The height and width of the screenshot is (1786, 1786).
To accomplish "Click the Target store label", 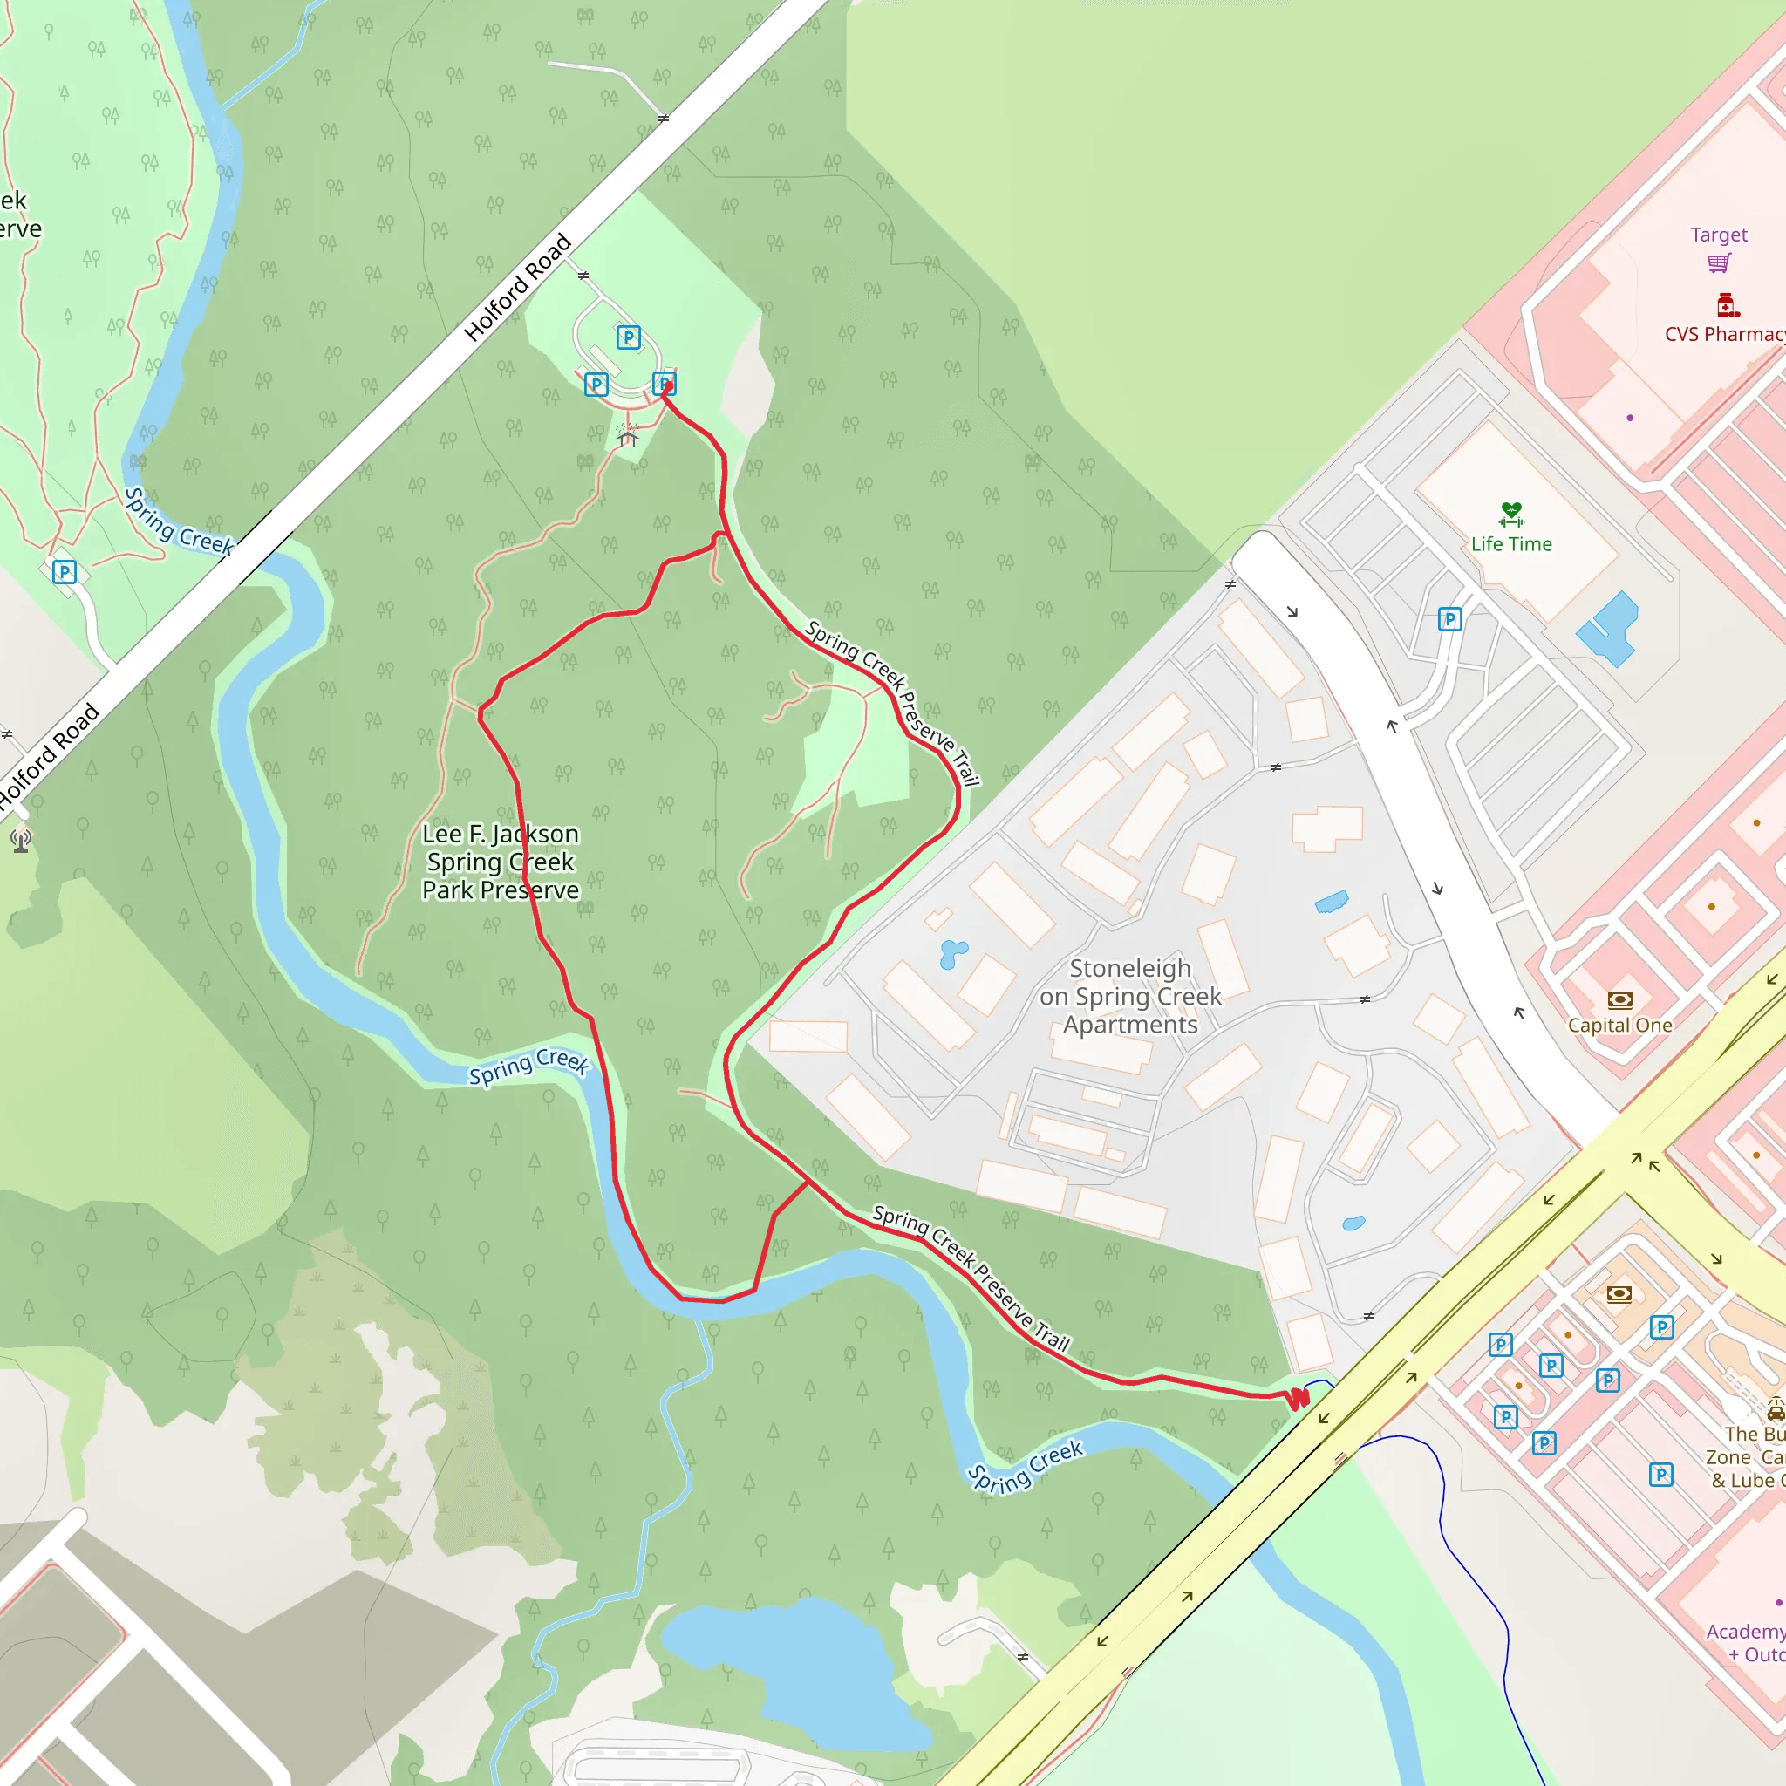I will [x=1719, y=234].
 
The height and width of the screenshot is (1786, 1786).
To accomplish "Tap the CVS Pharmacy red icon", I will [x=1727, y=304].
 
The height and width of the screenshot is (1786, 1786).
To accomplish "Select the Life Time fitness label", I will [x=1511, y=543].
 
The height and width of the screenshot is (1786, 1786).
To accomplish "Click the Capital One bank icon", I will [x=1619, y=999].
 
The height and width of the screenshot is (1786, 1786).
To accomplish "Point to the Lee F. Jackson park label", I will [x=500, y=862].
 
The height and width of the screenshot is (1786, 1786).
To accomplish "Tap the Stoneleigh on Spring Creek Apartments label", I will [x=1129, y=996].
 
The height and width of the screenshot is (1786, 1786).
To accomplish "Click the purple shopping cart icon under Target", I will [x=1719, y=263].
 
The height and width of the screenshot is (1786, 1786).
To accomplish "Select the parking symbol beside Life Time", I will [x=1449, y=618].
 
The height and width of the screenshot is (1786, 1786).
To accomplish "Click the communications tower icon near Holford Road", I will [x=21, y=841].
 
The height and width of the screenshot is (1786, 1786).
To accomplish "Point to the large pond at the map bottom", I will [x=786, y=1664].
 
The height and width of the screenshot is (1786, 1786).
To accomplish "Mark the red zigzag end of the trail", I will [x=1299, y=1399].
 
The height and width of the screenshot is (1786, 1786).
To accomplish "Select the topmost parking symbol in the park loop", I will [x=629, y=337].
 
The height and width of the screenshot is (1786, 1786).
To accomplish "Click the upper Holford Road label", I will [x=518, y=288].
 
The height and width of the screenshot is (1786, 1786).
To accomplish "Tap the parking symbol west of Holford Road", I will [x=64, y=571].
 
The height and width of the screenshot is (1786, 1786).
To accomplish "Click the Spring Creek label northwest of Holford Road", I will [x=180, y=523].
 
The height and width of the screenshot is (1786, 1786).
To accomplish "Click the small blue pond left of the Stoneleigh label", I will [x=952, y=953].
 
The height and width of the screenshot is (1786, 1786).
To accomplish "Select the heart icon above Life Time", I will [x=1511, y=511].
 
